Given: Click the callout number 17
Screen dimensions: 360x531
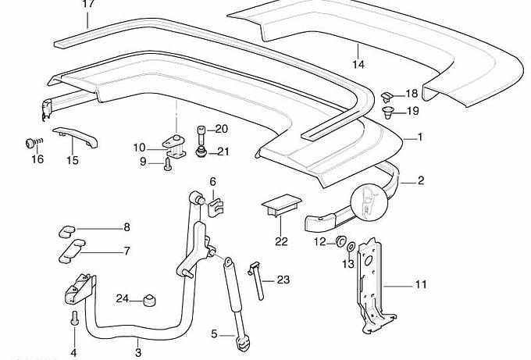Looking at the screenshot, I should point(88,5).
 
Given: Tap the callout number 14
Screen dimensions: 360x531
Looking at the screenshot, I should point(358,64).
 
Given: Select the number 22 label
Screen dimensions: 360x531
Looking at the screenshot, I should point(281,241).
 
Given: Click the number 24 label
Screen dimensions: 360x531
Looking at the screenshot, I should point(122,298).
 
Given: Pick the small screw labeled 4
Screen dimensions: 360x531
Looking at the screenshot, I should point(73,319).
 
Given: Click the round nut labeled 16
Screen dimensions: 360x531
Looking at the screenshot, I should point(32,143).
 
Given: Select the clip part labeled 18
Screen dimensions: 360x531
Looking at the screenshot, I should point(387,97).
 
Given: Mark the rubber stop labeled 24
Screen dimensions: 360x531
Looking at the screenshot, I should point(147,300).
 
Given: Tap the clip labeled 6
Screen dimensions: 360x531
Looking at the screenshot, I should point(216,206).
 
